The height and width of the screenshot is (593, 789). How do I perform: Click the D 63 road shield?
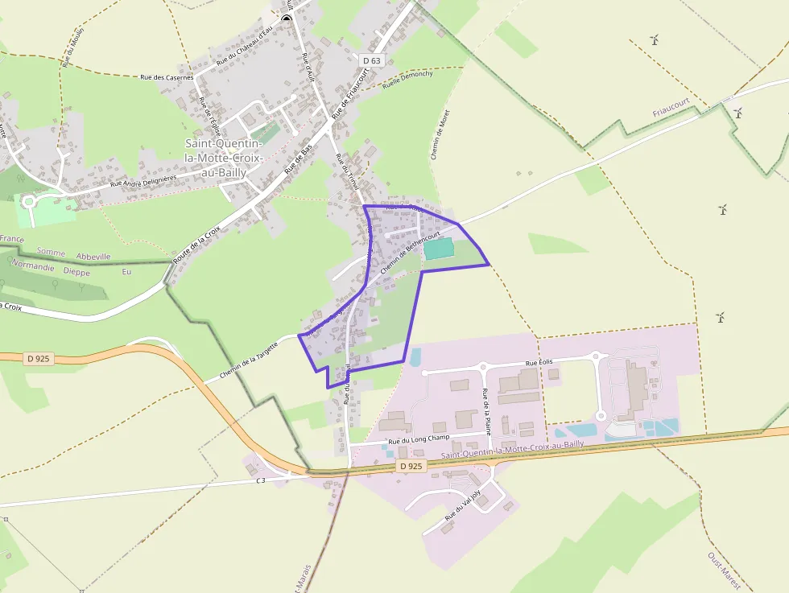(x=371, y=60)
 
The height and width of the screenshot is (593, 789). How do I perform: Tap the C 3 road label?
(x=261, y=481)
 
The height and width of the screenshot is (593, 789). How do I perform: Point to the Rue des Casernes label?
(x=167, y=77)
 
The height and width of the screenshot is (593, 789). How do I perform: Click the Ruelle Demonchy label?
(x=407, y=78)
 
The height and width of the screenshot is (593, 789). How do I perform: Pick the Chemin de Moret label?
(x=440, y=132)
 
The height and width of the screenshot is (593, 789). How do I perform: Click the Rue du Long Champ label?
(x=418, y=440)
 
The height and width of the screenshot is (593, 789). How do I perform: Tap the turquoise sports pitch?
(x=439, y=249)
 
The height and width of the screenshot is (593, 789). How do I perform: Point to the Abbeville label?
(x=91, y=257)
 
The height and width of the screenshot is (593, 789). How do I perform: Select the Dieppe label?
(x=77, y=272)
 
